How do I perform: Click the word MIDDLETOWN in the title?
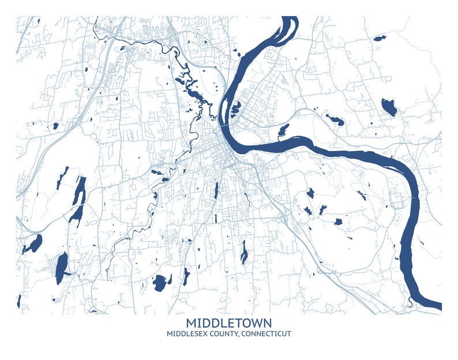coord(229,322)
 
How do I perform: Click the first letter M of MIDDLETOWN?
coord(192,322)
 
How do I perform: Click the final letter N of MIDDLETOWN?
coord(266,322)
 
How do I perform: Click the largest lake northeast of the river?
coord(389,107)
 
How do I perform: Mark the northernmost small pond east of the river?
coord(379,39)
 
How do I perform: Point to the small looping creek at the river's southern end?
coord(410,300)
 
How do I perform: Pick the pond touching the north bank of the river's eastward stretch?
coord(284,130)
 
